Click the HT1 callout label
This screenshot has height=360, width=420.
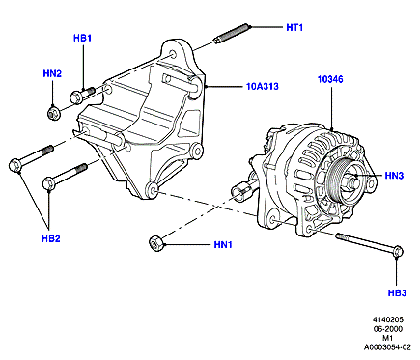(x=294, y=28)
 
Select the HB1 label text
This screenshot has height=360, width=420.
(x=82, y=38)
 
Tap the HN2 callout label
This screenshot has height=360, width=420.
(x=52, y=74)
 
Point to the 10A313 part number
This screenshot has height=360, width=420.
(x=263, y=87)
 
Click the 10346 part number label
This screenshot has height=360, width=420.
(x=330, y=79)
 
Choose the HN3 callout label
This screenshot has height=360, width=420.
(x=394, y=176)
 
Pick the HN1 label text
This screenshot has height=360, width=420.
(x=223, y=245)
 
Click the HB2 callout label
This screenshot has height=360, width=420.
(x=51, y=238)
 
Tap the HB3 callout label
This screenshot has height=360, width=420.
(x=397, y=293)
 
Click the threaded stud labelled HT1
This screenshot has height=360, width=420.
(x=231, y=34)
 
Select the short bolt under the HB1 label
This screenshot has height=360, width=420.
(x=82, y=95)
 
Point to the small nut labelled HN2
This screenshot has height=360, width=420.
(x=52, y=113)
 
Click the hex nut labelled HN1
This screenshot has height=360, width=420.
(x=156, y=243)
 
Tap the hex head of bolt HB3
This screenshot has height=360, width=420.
(x=399, y=251)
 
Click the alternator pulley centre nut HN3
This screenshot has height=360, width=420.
(x=352, y=182)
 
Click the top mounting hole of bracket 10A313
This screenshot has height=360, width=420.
(x=173, y=54)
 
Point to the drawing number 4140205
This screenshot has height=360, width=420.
(x=388, y=319)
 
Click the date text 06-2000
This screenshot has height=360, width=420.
(x=388, y=329)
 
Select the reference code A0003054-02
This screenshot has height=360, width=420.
(x=387, y=347)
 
